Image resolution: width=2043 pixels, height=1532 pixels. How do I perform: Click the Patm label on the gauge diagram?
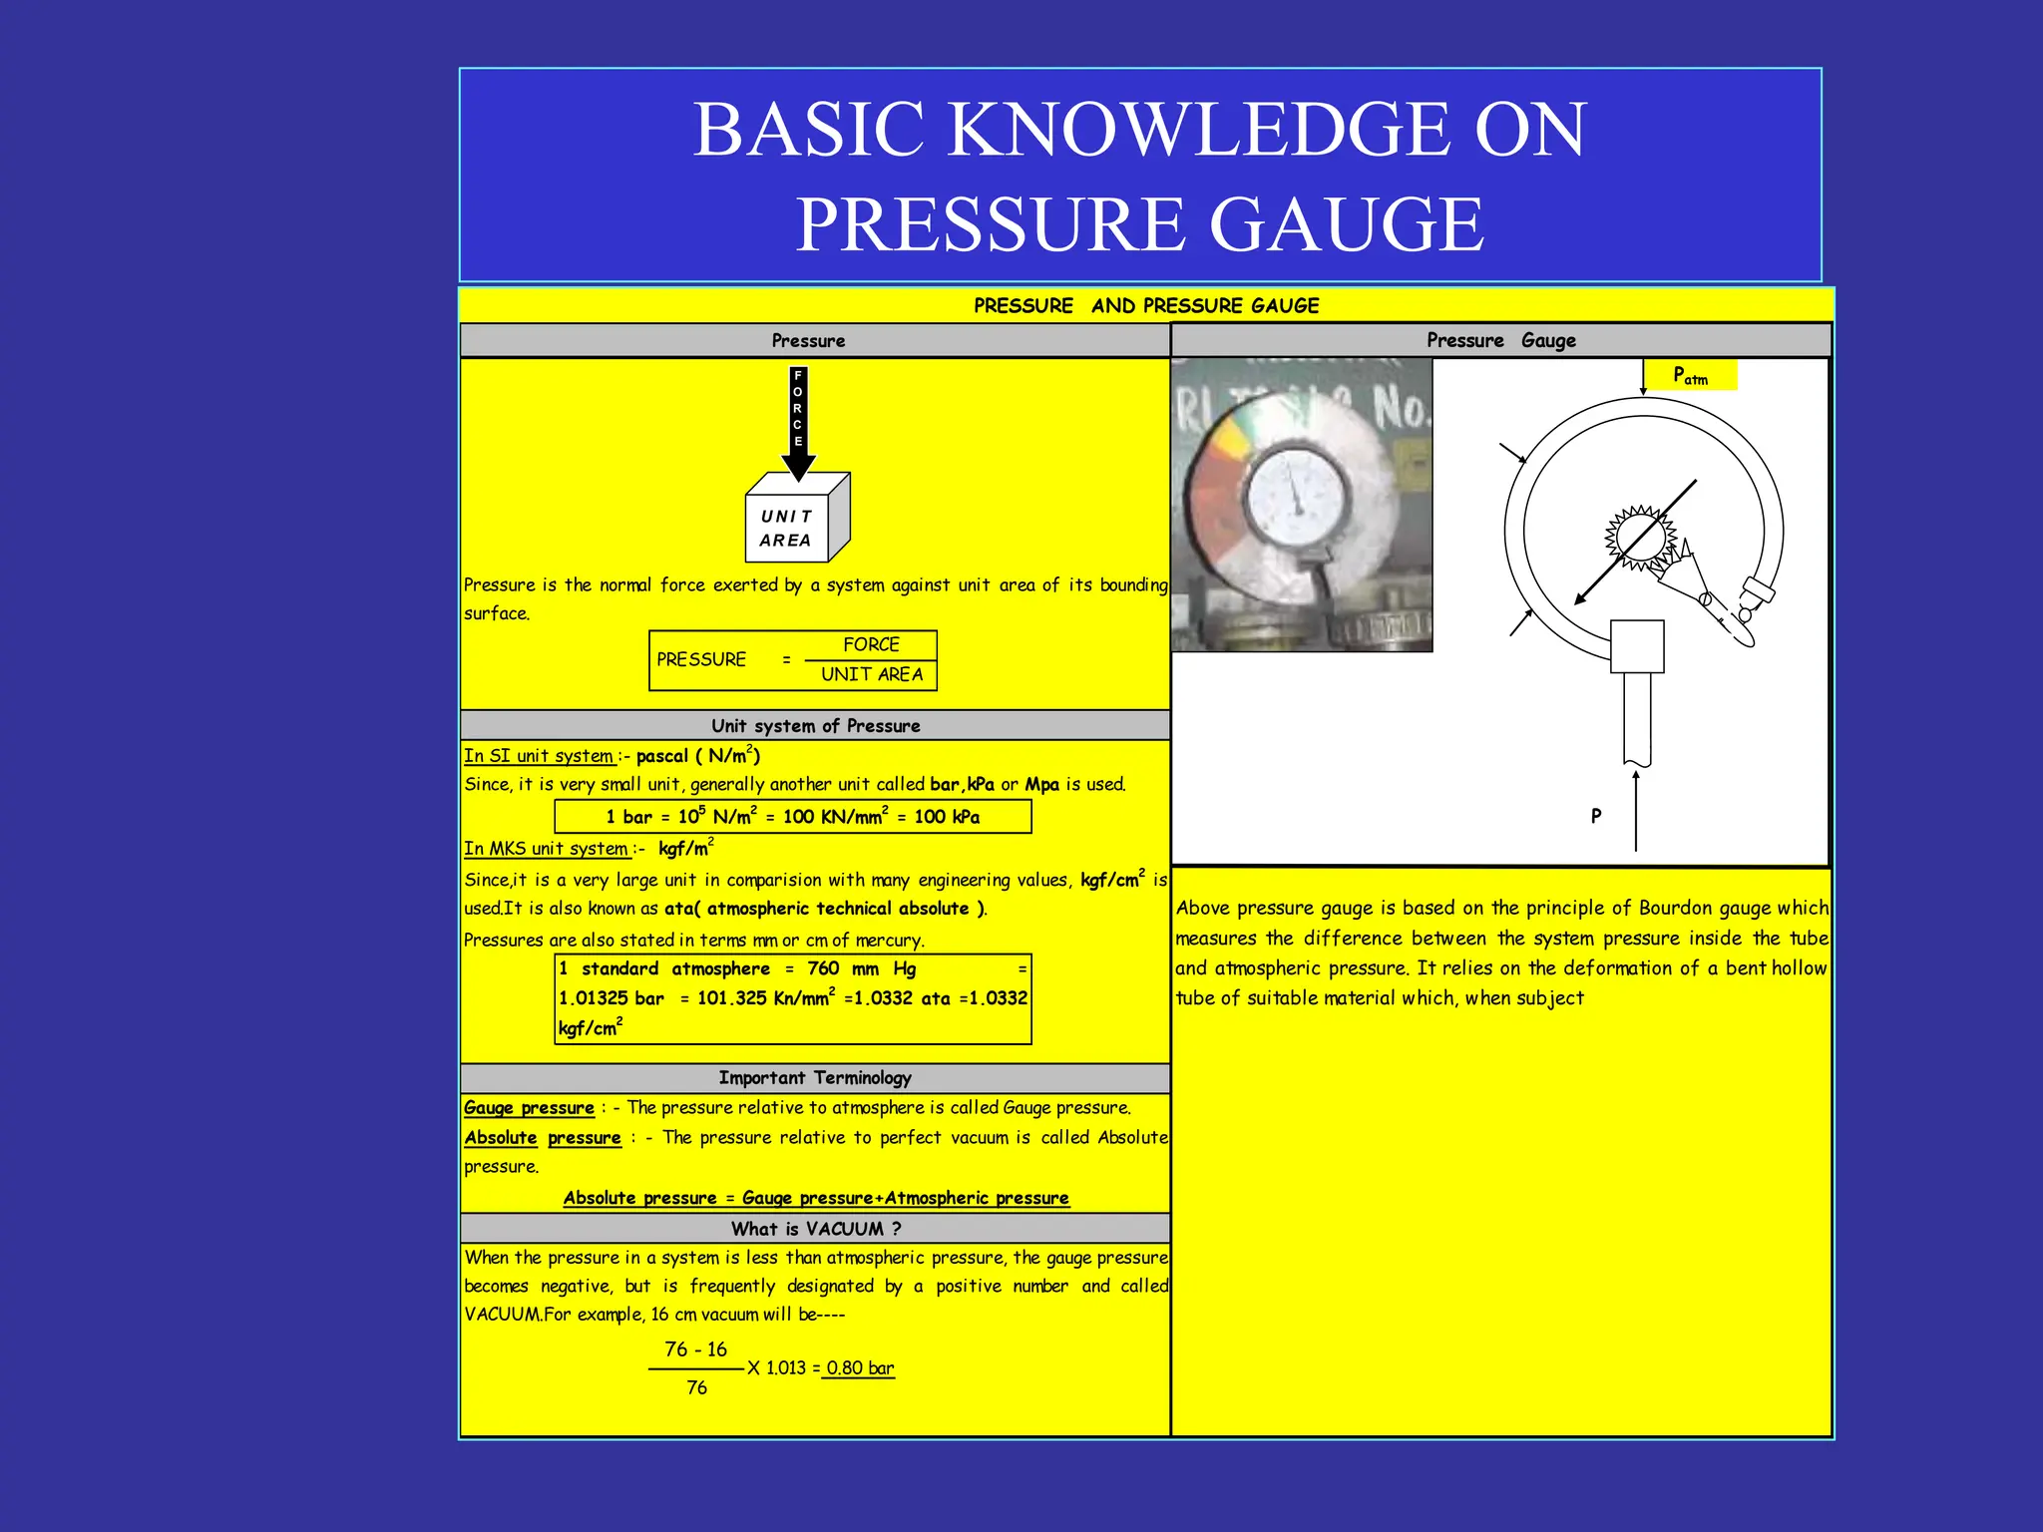tap(1690, 376)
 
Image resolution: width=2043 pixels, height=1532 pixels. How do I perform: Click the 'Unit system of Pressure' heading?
tap(815, 725)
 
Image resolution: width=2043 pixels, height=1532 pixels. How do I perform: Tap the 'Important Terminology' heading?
tap(815, 1077)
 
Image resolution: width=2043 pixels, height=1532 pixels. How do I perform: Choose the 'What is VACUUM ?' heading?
tap(815, 1228)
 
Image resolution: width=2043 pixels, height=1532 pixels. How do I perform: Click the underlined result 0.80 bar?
tap(860, 1367)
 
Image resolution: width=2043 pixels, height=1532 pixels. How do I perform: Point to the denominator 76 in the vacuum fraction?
tap(696, 1387)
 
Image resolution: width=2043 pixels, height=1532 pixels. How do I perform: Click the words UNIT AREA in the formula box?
tap(872, 674)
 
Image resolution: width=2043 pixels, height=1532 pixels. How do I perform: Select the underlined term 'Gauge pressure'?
tap(529, 1107)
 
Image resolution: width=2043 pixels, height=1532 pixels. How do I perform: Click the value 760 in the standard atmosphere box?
tap(823, 968)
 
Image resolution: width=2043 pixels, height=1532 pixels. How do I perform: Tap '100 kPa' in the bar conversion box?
tap(947, 817)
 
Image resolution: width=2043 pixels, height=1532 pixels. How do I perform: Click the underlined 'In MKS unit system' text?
tap(547, 849)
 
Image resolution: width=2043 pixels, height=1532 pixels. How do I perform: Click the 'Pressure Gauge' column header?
tap(1500, 340)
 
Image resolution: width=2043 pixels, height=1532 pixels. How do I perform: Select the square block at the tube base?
tap(1637, 646)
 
